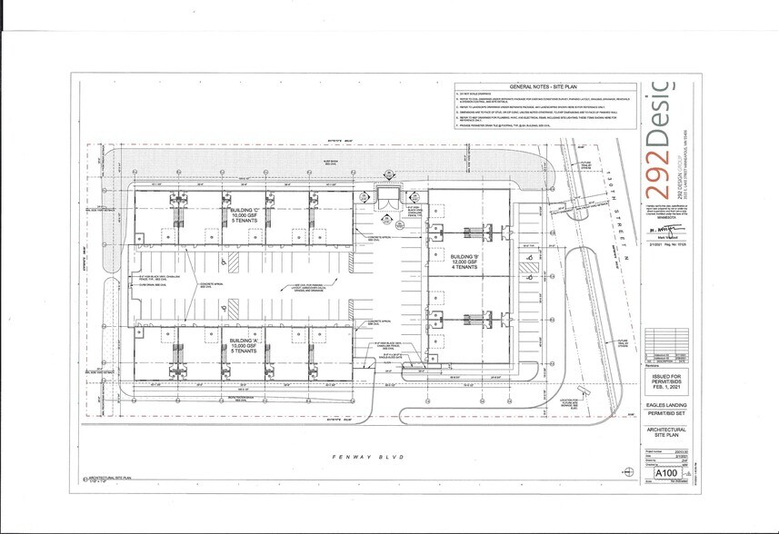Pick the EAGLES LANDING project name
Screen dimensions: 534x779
665,405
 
